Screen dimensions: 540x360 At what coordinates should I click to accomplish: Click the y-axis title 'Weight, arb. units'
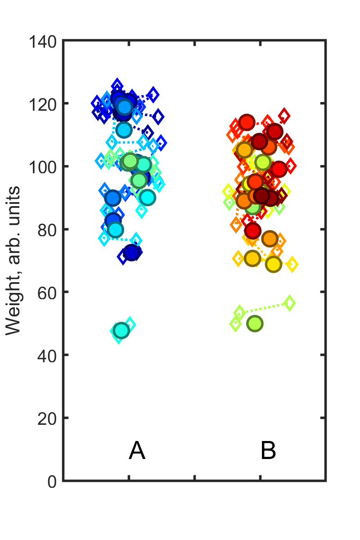pos(13,261)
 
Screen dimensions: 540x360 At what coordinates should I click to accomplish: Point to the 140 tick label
pos(43,41)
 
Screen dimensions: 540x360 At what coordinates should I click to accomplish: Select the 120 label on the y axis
pos(43,104)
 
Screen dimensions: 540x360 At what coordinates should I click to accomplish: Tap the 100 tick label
pos(43,167)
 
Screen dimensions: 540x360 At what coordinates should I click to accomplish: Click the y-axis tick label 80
pos(47,229)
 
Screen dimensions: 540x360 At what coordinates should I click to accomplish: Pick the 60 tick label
pos(47,292)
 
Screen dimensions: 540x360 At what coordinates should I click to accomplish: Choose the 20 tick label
pos(47,418)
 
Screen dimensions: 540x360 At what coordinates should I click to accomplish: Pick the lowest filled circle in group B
pos(255,324)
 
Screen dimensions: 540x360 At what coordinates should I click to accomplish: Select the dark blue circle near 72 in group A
pos(131,253)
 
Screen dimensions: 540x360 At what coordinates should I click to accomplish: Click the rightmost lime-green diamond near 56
pos(289,303)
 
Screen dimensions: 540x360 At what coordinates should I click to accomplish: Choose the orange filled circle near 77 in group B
pos(270,239)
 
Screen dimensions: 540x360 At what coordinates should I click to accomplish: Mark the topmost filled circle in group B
pos(247,122)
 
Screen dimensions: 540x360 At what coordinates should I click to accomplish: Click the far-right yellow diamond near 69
pos(292,264)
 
